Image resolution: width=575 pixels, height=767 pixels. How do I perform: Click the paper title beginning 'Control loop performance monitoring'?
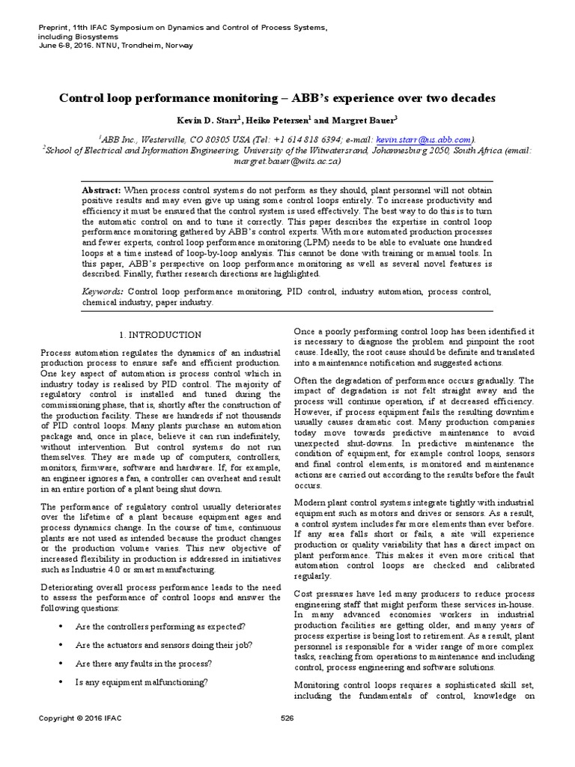287,98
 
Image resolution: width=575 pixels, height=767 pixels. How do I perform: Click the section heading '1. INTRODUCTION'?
161,334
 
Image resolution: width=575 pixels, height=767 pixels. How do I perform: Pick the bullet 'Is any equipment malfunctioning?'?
142,682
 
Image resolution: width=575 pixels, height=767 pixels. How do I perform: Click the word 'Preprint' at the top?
53,28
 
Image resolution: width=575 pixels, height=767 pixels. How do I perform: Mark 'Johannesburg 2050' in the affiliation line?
407,150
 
